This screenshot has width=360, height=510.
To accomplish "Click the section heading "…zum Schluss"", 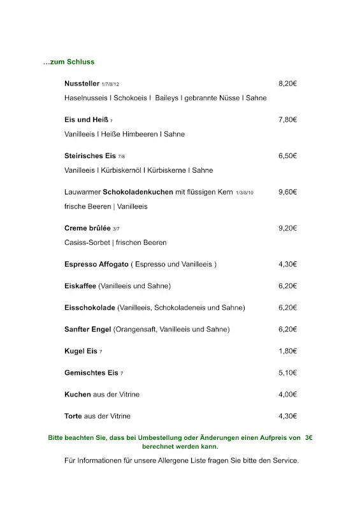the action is pos(68,62).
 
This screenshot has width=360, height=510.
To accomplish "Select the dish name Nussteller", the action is pos(82,84).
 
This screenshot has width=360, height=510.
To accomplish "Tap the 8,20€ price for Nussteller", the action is pos(288,84).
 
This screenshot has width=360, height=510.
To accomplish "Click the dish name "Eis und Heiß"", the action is pos(86,120).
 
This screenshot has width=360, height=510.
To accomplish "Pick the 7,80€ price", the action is pos(288,120).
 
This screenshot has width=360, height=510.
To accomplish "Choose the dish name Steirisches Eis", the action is pos(90,156).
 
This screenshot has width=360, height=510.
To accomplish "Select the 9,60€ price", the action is pos(288,192).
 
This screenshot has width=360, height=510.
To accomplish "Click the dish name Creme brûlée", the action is pos(87,228).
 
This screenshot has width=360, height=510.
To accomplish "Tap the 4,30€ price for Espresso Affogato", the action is pos(288,265).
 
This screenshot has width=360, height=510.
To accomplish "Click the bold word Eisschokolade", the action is pos(90,308).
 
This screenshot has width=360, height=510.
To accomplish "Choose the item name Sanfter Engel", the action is pos(88,330).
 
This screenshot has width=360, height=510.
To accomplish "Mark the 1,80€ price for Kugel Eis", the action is pos(288,351).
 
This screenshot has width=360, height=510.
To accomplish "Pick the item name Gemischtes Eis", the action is pos(91,373).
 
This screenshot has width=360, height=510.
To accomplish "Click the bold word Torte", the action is pos(73,416).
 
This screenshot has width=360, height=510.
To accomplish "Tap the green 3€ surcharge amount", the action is pos(309,438).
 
